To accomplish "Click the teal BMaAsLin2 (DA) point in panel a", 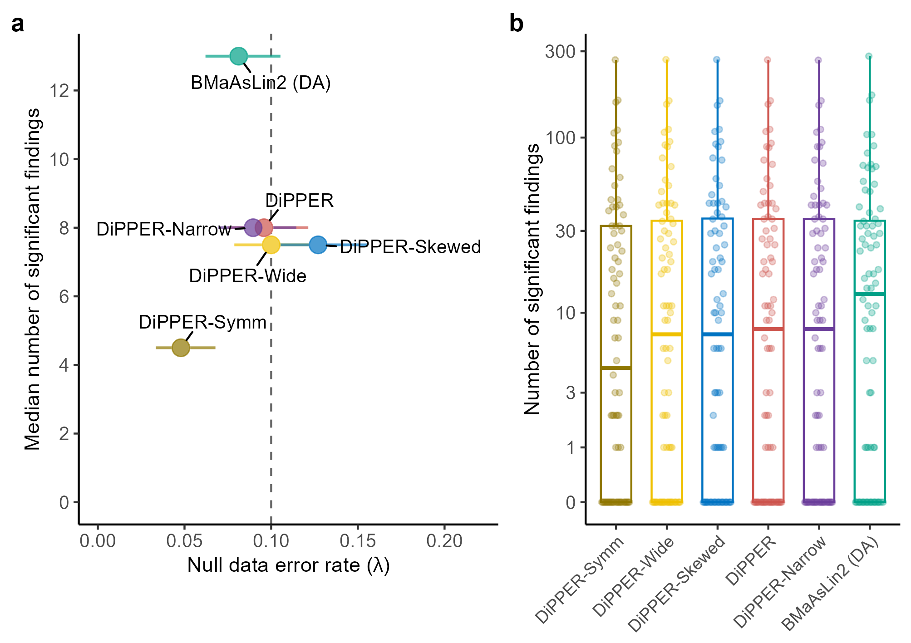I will (x=238, y=56).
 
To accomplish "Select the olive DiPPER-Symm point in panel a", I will (x=181, y=348).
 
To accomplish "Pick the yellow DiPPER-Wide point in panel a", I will (x=271, y=245).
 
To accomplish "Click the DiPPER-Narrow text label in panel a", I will (x=164, y=229).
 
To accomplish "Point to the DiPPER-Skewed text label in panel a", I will (x=410, y=247).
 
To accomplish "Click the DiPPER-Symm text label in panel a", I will (x=202, y=322).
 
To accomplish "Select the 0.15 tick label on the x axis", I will (x=358, y=541).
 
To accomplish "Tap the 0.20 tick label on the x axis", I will (x=444, y=541).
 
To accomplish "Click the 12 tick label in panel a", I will (x=59, y=91).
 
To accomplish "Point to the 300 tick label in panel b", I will (x=560, y=52).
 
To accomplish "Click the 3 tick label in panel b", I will (x=571, y=393).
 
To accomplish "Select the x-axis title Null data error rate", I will (x=289, y=565).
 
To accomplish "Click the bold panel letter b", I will (x=517, y=24).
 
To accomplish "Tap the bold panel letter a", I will (x=18, y=24).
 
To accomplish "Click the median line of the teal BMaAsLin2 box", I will (x=870, y=294).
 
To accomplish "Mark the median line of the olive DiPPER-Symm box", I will (x=616, y=368).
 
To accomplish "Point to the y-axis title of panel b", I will (x=532, y=279).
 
